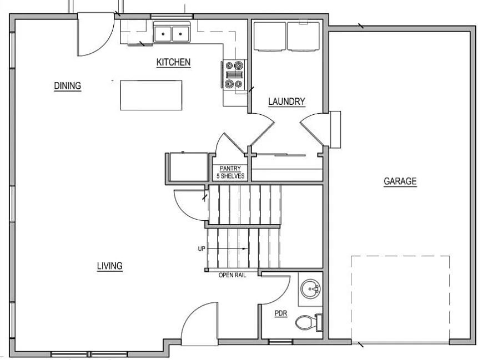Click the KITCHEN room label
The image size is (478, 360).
tap(173, 62)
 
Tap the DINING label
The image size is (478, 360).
tap(67, 85)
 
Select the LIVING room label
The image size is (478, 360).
tap(110, 266)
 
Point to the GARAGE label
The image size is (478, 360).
tap(400, 181)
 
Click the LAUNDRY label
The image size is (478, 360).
tap(286, 101)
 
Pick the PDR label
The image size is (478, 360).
tap(281, 313)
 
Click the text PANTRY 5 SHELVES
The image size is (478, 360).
tap(230, 172)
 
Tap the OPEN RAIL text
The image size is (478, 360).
tap(232, 275)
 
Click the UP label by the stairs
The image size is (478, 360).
tap(202, 249)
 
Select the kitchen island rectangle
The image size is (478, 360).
tap(151, 95)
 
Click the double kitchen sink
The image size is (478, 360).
tap(172, 32)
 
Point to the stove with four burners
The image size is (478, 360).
tap(234, 75)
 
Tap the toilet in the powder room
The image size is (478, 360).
tap(309, 322)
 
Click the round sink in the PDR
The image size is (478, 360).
tap(310, 288)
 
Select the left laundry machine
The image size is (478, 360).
tap(270, 36)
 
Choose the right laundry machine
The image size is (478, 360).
tap(303, 36)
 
